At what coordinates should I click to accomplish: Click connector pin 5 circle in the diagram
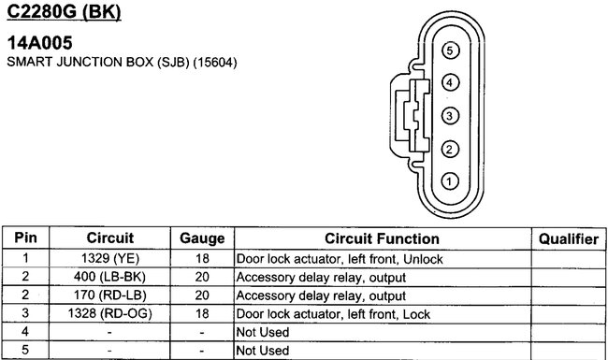[450, 50]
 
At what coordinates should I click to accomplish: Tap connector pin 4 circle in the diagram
[450, 82]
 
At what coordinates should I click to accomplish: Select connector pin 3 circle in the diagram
[450, 116]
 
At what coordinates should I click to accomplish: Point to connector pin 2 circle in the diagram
[450, 149]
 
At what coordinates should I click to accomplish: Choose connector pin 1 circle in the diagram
[450, 180]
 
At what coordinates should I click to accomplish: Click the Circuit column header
[110, 239]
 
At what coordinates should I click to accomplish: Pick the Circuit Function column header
[382, 239]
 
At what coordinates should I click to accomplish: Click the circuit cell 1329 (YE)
[110, 259]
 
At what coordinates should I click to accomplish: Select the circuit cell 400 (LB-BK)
[110, 277]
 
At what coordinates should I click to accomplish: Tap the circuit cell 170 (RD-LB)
[110, 295]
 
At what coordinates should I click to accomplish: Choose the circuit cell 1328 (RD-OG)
[110, 312]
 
